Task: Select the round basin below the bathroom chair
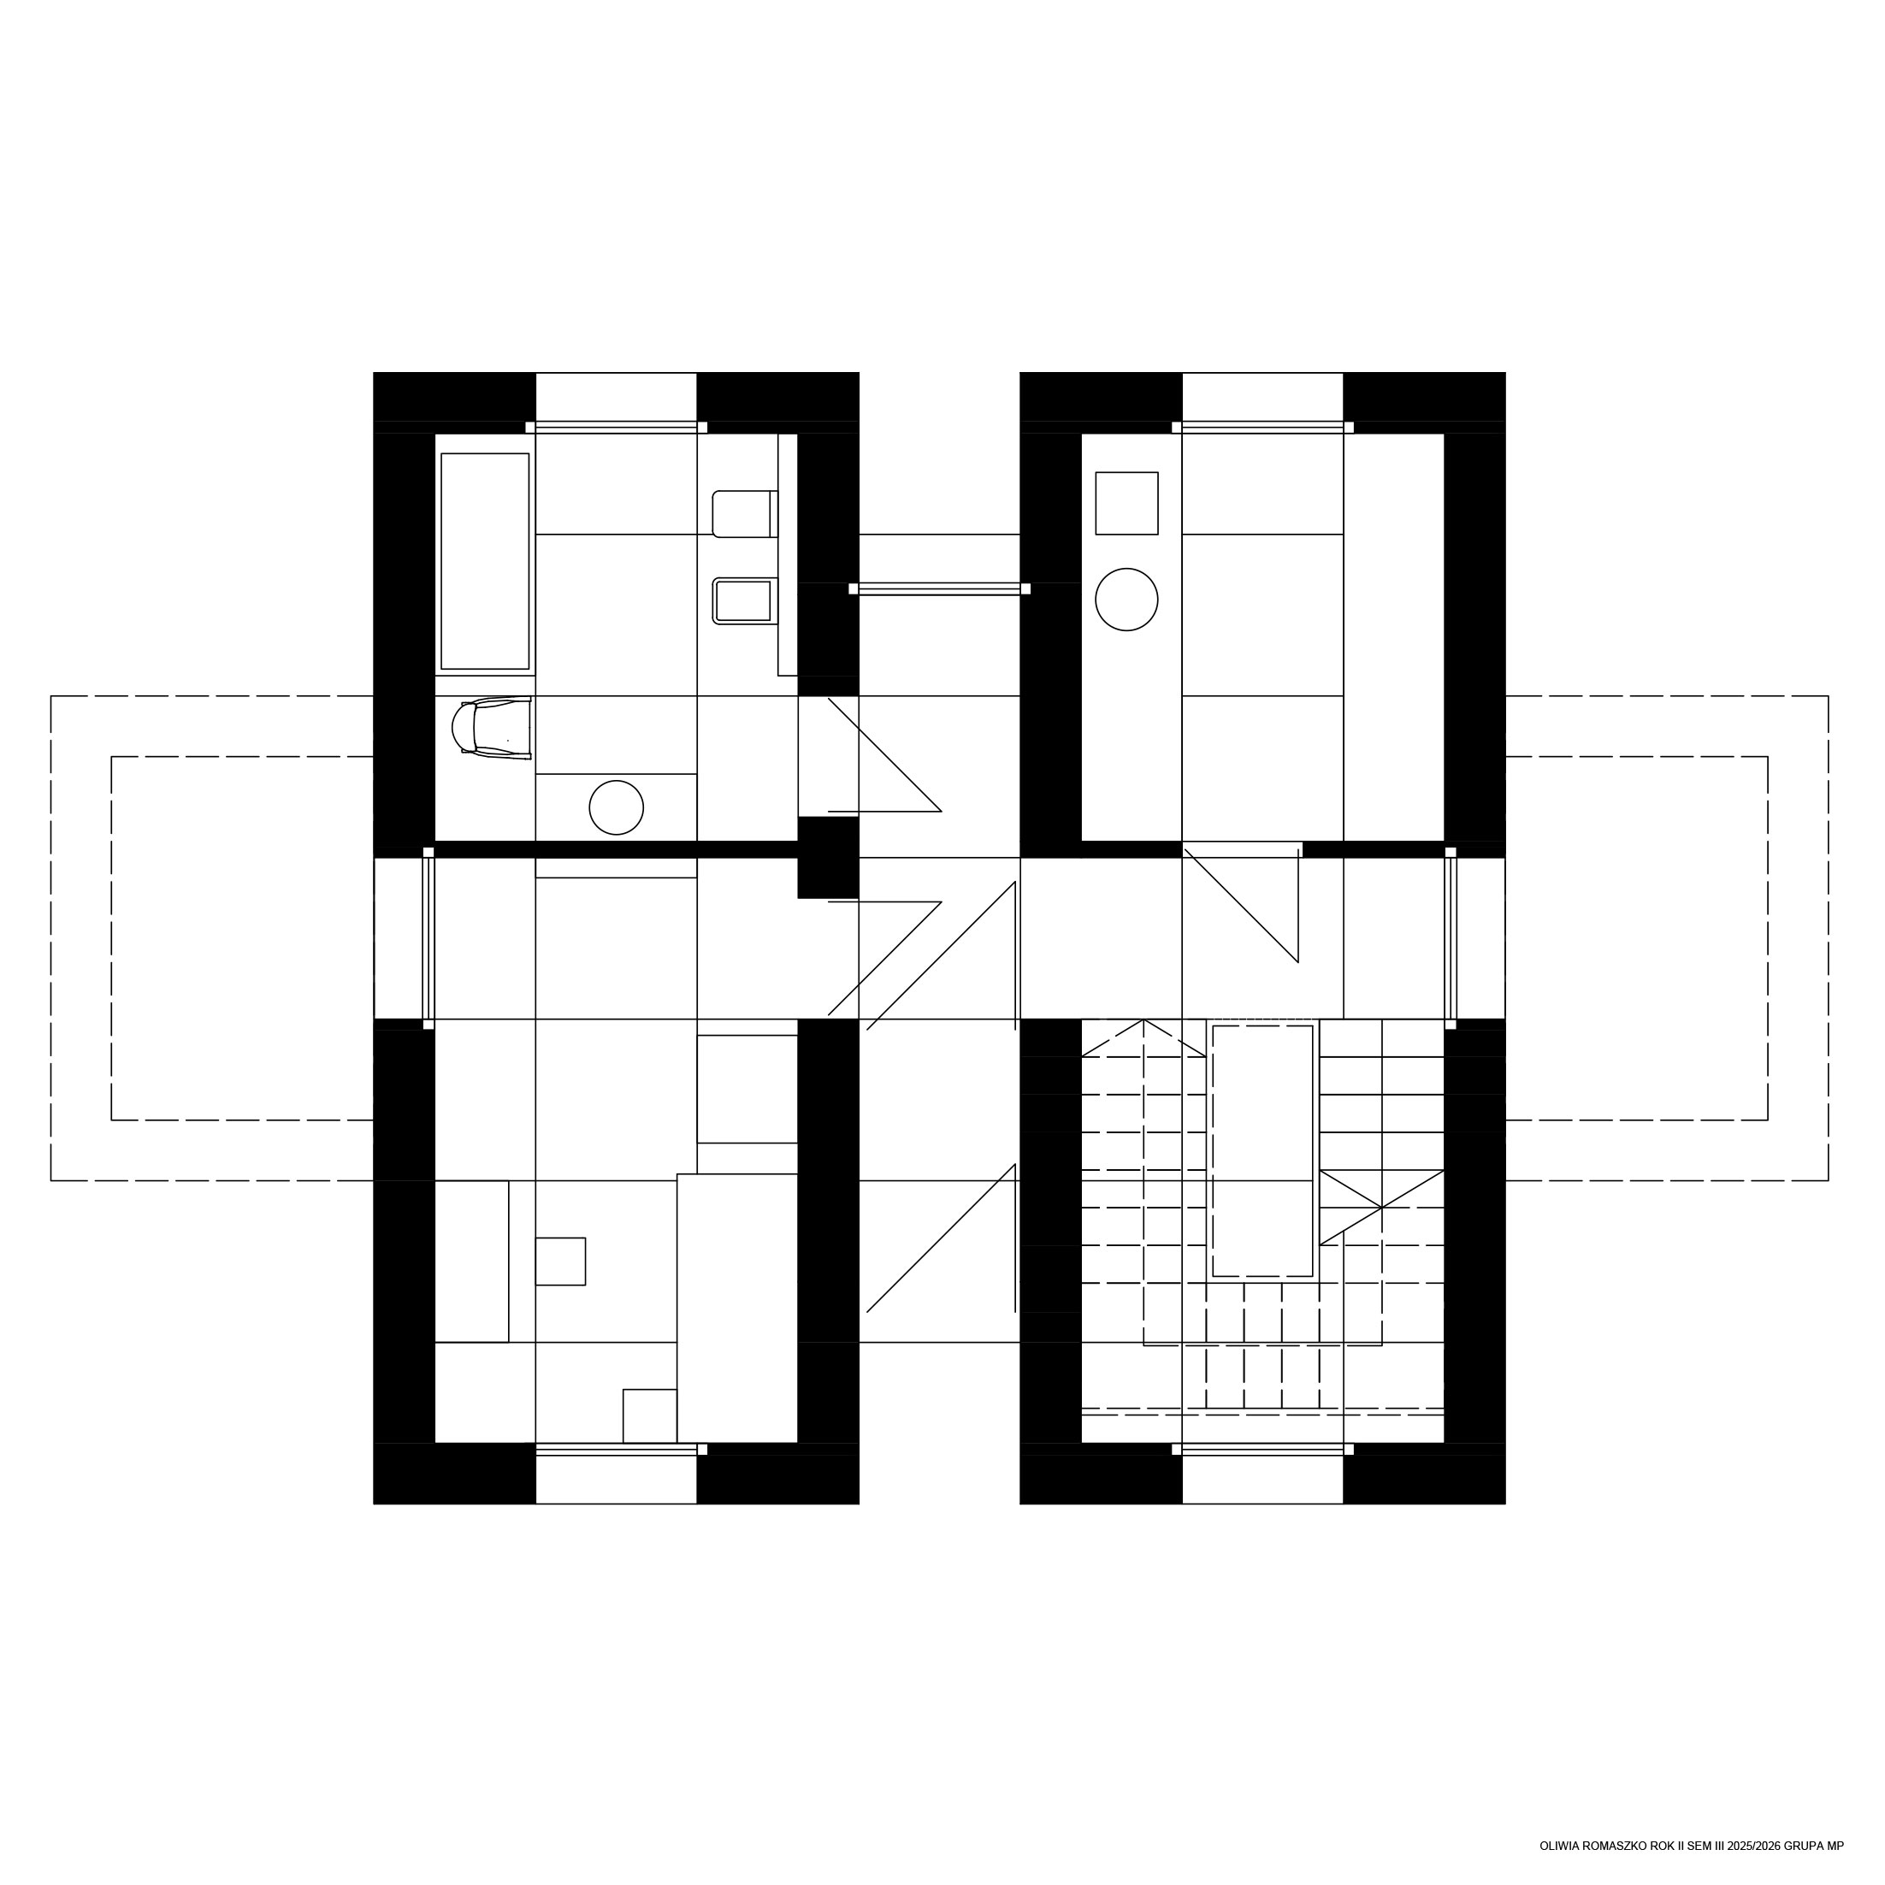click(x=617, y=808)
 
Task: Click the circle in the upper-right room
click(x=1127, y=600)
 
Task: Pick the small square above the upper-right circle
click(x=1127, y=504)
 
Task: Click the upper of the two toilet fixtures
click(x=746, y=514)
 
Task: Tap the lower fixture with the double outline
click(x=746, y=601)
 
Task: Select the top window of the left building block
click(x=617, y=428)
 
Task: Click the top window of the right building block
click(x=1262, y=428)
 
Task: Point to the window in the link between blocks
click(x=940, y=588)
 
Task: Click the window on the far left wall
click(x=428, y=938)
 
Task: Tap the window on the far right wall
click(x=1451, y=938)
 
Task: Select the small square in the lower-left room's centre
click(x=560, y=1262)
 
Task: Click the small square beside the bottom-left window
click(x=650, y=1415)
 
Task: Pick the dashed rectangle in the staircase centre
click(x=1262, y=1151)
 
